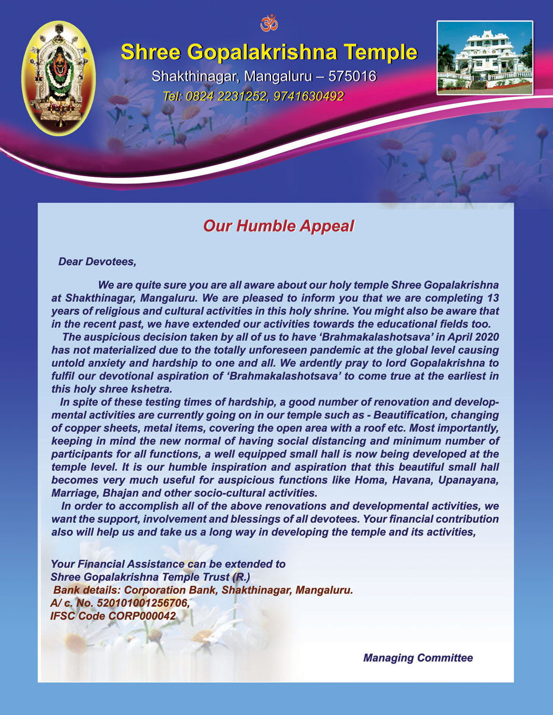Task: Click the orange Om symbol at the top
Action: coord(269,23)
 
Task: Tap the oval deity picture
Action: coord(58,78)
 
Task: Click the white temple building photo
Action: coord(485,57)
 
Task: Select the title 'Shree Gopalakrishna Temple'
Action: coord(269,52)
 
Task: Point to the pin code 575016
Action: coord(352,76)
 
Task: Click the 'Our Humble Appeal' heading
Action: coord(278,226)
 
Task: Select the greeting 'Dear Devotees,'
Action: coord(97,261)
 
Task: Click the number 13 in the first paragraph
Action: coord(493,298)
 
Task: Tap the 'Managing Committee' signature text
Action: coord(418,658)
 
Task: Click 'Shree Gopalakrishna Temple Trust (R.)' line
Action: coord(150,577)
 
